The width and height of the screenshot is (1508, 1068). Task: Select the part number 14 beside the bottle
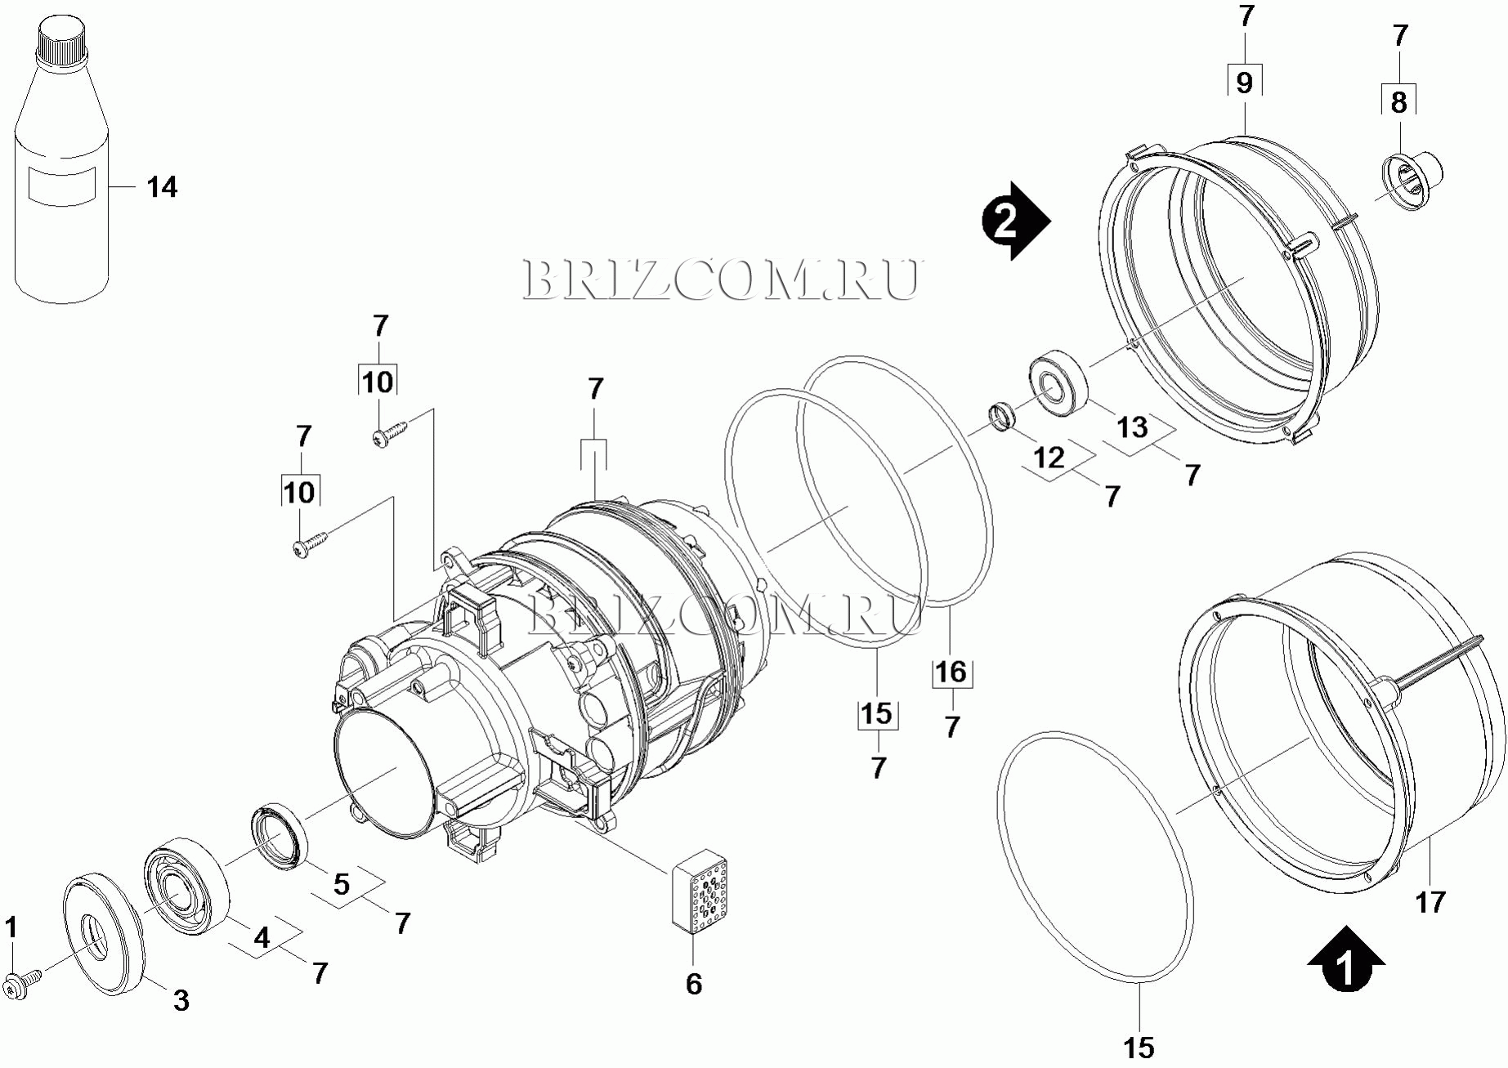click(162, 187)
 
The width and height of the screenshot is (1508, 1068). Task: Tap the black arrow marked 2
click(1016, 221)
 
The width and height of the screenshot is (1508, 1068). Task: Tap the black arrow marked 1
click(1345, 959)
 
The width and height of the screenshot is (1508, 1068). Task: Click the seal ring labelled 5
click(279, 838)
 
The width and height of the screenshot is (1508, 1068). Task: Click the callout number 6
click(693, 983)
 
